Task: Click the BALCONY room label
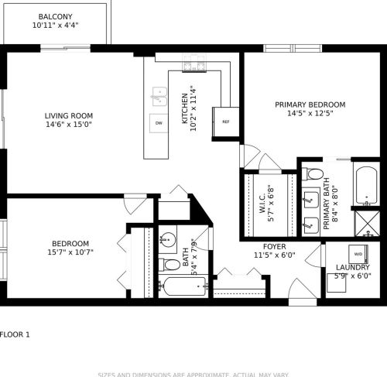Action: pyautogui.click(x=56, y=15)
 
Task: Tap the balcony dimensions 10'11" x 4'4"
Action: pyautogui.click(x=56, y=25)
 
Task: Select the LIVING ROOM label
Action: pyautogui.click(x=67, y=116)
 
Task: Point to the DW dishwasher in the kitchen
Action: pyautogui.click(x=159, y=123)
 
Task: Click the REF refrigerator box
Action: pyautogui.click(x=226, y=122)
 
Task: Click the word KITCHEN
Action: pyautogui.click(x=184, y=108)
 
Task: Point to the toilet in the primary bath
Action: pyautogui.click(x=313, y=174)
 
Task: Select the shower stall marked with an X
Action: pyautogui.click(x=365, y=223)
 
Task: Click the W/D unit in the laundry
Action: pyautogui.click(x=358, y=254)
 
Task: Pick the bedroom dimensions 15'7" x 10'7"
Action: pyautogui.click(x=70, y=252)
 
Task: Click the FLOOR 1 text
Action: pyautogui.click(x=15, y=334)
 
